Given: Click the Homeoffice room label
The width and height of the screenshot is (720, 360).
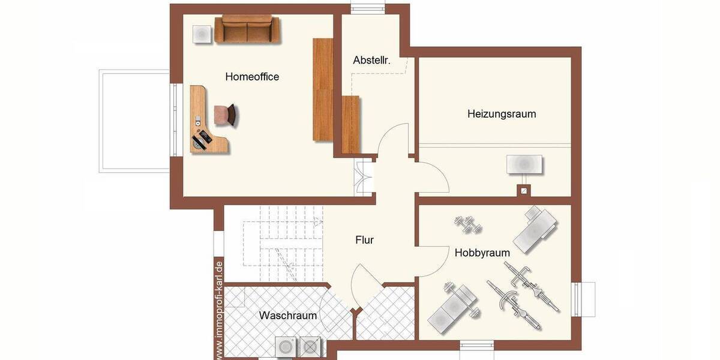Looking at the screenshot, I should [252, 77].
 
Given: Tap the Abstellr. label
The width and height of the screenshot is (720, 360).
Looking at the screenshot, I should [372, 60].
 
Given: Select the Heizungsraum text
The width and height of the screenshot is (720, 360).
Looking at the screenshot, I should [502, 114].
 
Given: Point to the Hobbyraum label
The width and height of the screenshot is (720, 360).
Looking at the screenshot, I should [482, 253].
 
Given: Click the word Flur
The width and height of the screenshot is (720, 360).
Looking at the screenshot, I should [364, 240].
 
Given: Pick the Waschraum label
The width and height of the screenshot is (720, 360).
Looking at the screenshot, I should [288, 316].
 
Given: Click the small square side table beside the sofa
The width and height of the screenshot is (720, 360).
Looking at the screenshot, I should [201, 34].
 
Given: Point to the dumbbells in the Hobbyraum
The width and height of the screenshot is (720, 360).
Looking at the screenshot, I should [468, 224].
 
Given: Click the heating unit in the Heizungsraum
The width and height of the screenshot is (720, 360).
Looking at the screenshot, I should [524, 164].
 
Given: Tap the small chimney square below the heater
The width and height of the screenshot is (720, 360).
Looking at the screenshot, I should [524, 191].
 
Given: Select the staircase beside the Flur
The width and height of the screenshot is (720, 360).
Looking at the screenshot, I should [282, 243].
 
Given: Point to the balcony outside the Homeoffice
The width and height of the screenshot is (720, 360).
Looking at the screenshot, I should [134, 120].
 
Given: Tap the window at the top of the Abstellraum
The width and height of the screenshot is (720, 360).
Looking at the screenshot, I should [368, 8].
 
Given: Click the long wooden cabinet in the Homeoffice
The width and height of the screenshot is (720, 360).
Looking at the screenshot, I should [323, 90].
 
